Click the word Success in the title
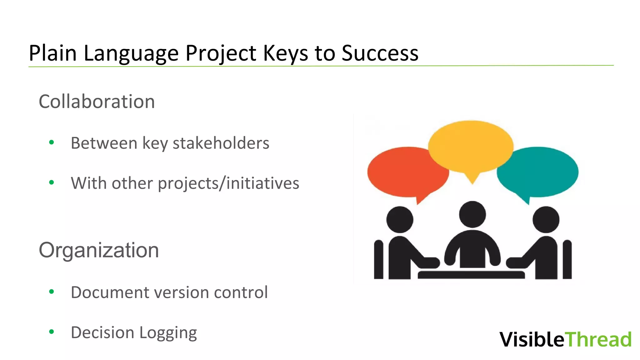(380, 53)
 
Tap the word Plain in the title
(52, 53)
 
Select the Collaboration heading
(97, 102)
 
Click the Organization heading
(99, 250)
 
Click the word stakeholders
(221, 143)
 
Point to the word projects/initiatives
(228, 183)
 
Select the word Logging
(168, 333)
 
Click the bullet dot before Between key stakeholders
(52, 143)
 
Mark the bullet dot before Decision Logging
(52, 332)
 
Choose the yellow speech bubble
(470, 147)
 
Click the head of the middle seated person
(472, 214)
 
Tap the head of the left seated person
(400, 220)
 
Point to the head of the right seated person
(546, 220)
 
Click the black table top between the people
(471, 275)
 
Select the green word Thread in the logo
(598, 339)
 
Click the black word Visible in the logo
(532, 339)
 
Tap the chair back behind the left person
(378, 259)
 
